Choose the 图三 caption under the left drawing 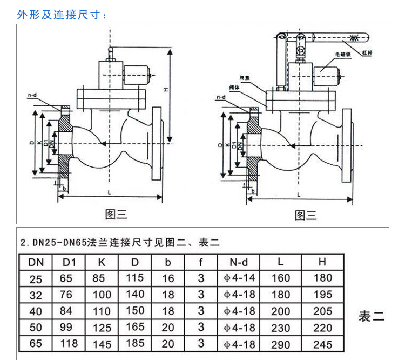coord(116,215)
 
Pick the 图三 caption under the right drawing coord(306,215)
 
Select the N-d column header coord(238,263)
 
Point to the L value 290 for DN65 coord(280,344)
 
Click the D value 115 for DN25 coord(135,278)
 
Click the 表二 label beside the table coord(372,317)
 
